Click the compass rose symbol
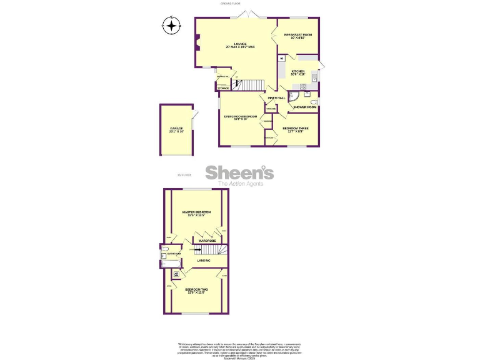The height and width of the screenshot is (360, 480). coord(171,26)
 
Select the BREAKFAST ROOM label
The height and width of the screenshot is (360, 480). coord(298,36)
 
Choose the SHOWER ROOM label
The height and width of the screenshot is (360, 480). coord(305,107)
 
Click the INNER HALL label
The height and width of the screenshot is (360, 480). coord(276,98)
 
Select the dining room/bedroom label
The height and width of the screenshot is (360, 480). coord(241,117)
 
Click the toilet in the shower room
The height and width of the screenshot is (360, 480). coord(314,101)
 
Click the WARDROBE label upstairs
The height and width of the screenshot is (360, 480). coord(207,240)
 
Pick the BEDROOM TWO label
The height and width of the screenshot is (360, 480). coord(196,291)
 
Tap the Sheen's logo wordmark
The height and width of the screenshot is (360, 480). coord(239,172)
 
